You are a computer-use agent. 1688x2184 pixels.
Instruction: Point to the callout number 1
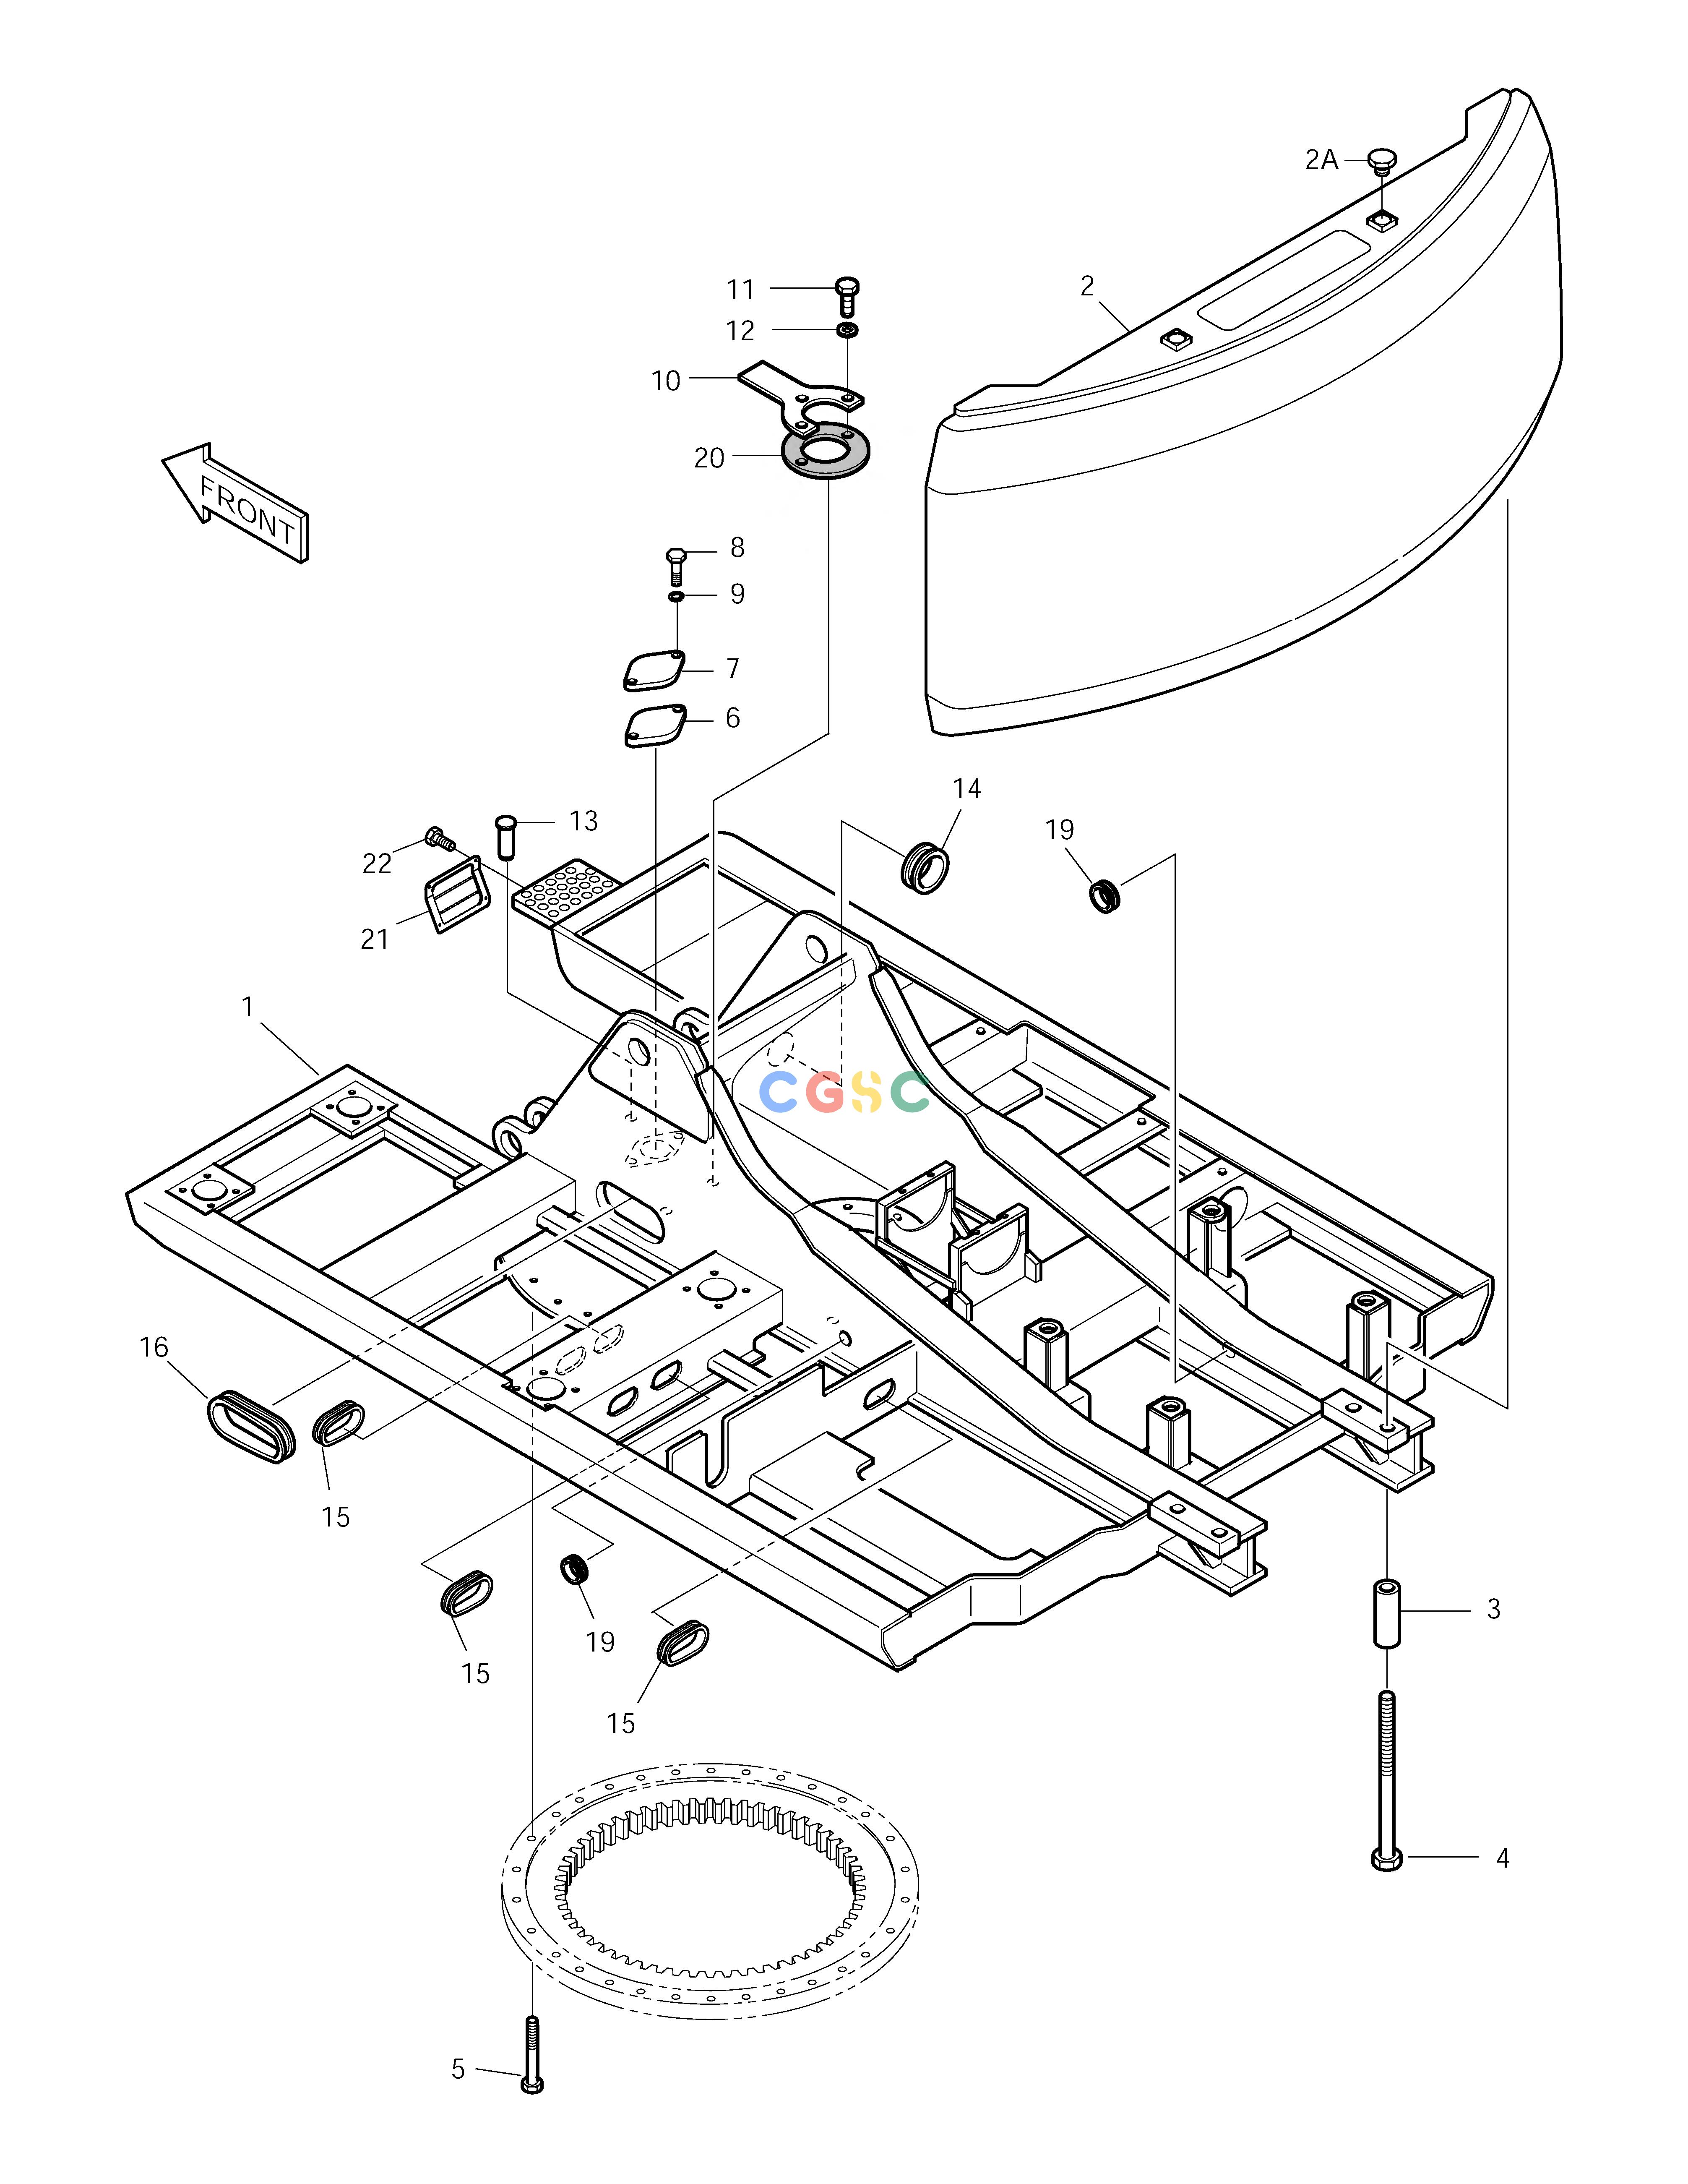pos(248,1006)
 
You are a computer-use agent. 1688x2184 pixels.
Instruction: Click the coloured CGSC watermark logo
pos(844,1091)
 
